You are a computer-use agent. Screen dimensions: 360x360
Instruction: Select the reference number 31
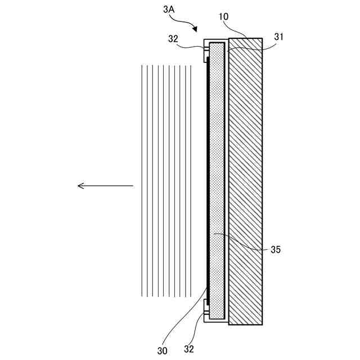(279, 37)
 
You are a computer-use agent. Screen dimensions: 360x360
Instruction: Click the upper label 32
(174, 39)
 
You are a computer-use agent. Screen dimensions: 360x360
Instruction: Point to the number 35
(275, 249)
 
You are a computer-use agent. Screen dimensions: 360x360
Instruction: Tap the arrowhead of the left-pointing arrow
(80, 186)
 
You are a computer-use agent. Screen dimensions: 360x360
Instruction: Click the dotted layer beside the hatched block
(218, 180)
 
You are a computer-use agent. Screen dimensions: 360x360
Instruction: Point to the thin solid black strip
(208, 180)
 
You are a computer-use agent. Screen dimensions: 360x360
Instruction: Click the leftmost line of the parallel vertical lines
(141, 180)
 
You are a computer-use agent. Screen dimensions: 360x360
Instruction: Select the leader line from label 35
(242, 241)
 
